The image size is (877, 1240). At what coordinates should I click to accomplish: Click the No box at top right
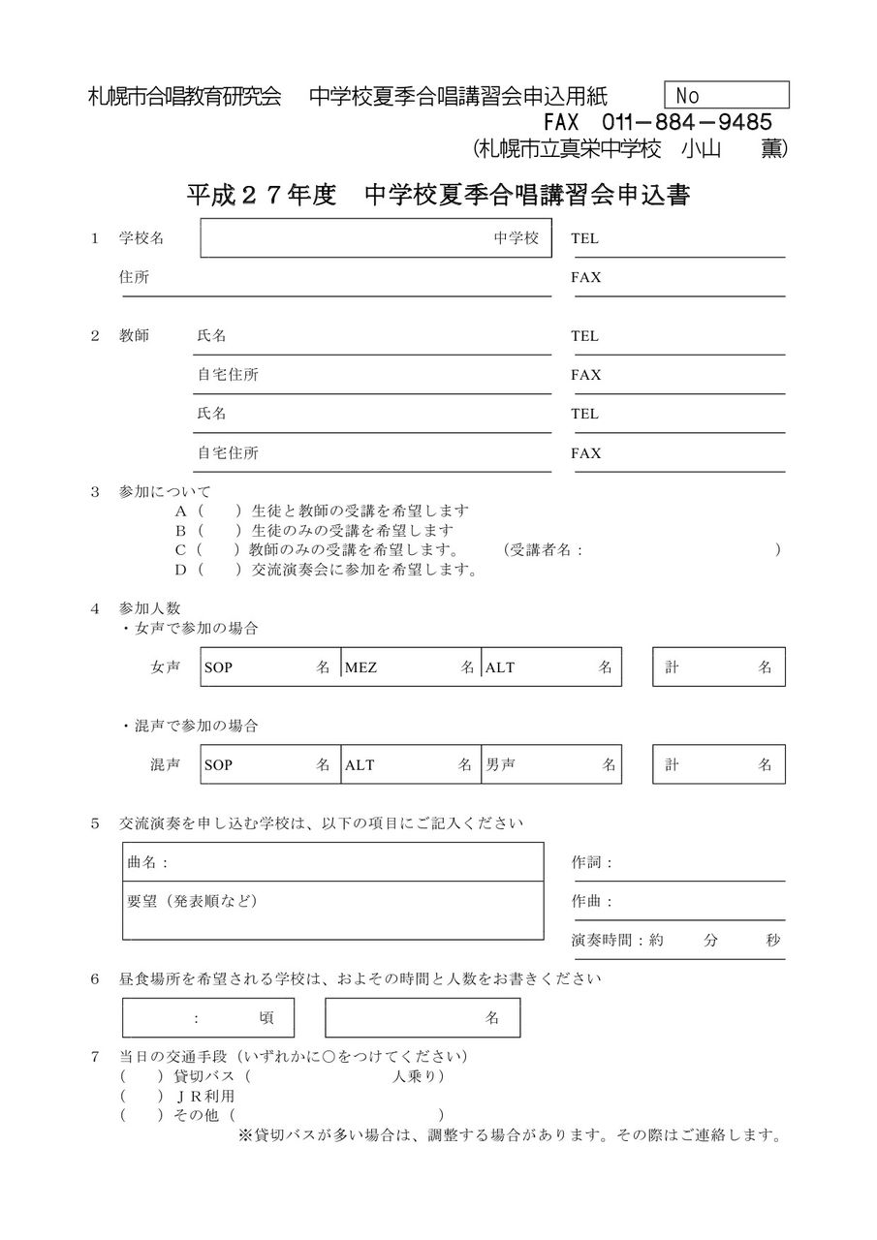pos(727,95)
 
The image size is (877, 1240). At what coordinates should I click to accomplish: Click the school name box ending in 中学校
pos(376,238)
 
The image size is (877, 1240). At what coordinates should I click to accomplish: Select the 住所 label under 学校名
pos(134,277)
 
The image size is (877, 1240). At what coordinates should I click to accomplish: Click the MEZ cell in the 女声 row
pos(411,666)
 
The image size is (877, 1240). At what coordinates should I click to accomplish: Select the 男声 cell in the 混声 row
pos(550,764)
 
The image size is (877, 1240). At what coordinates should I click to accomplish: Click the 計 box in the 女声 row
pos(718,666)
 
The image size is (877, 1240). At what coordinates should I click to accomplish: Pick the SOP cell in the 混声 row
pos(270,764)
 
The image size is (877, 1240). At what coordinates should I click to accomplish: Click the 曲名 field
pos(332,862)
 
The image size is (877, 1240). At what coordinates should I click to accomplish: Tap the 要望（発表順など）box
pos(332,911)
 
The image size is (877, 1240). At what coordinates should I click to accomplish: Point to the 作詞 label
pos(592,862)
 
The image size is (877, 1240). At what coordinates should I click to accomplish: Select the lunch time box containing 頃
pos(208,1018)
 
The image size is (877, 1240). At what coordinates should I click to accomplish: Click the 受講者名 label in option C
pos(544,550)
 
